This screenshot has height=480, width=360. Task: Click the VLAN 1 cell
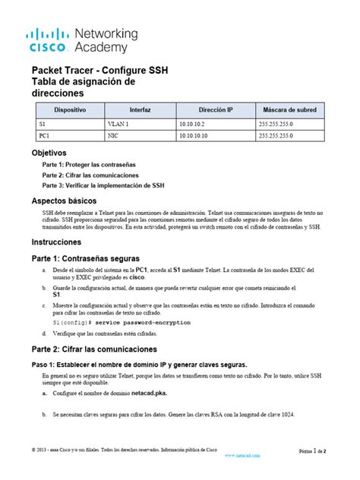coord(118,123)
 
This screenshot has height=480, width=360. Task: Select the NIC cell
coord(114,135)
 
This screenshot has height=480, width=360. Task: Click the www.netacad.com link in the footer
coord(244,456)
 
